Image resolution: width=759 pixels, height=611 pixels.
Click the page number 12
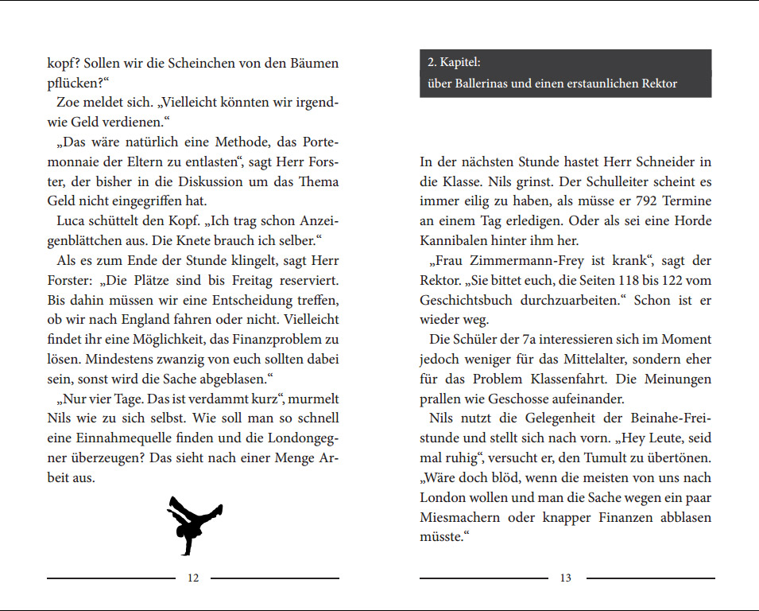tap(193, 578)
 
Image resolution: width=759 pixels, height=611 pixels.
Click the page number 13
tap(565, 578)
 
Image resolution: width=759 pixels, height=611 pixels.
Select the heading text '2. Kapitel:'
tap(454, 63)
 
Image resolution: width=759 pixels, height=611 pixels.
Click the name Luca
tap(73, 220)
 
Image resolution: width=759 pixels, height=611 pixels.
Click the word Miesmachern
tap(459, 517)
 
